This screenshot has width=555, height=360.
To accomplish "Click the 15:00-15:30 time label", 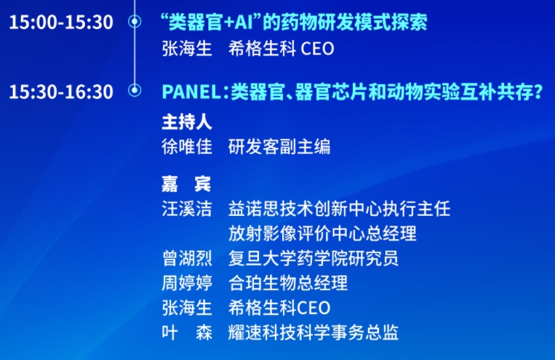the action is click(x=61, y=22).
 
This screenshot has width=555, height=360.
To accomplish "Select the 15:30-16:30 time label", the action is click(x=61, y=92).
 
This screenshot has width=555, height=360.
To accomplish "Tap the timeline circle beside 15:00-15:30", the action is click(x=135, y=22).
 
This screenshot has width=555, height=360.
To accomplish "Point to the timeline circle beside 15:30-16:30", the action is click(x=135, y=90).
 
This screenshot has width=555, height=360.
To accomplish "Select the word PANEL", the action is click(x=191, y=92).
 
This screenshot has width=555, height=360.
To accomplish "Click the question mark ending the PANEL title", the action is click(x=538, y=92).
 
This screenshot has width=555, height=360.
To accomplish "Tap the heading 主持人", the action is click(x=187, y=121).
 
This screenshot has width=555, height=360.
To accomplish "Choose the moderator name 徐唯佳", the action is click(x=187, y=147).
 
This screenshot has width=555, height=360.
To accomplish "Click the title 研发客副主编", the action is click(x=279, y=147).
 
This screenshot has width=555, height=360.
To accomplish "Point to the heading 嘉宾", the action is click(x=186, y=184).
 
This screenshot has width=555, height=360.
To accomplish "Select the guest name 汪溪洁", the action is click(x=187, y=209).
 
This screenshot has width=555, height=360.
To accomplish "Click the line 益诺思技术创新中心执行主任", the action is click(x=340, y=209).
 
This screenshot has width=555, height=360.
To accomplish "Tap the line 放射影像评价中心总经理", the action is click(x=322, y=233).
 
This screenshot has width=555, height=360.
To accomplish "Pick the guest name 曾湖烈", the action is click(x=187, y=258).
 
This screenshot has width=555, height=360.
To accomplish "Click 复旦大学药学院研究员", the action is click(x=314, y=258).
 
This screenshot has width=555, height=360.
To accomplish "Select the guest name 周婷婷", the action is click(x=187, y=283).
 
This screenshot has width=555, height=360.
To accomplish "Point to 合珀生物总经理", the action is click(x=288, y=283).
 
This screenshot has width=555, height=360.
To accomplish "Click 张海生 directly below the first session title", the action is click(x=187, y=49).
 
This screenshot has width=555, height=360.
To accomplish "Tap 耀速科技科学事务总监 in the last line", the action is click(x=314, y=332).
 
